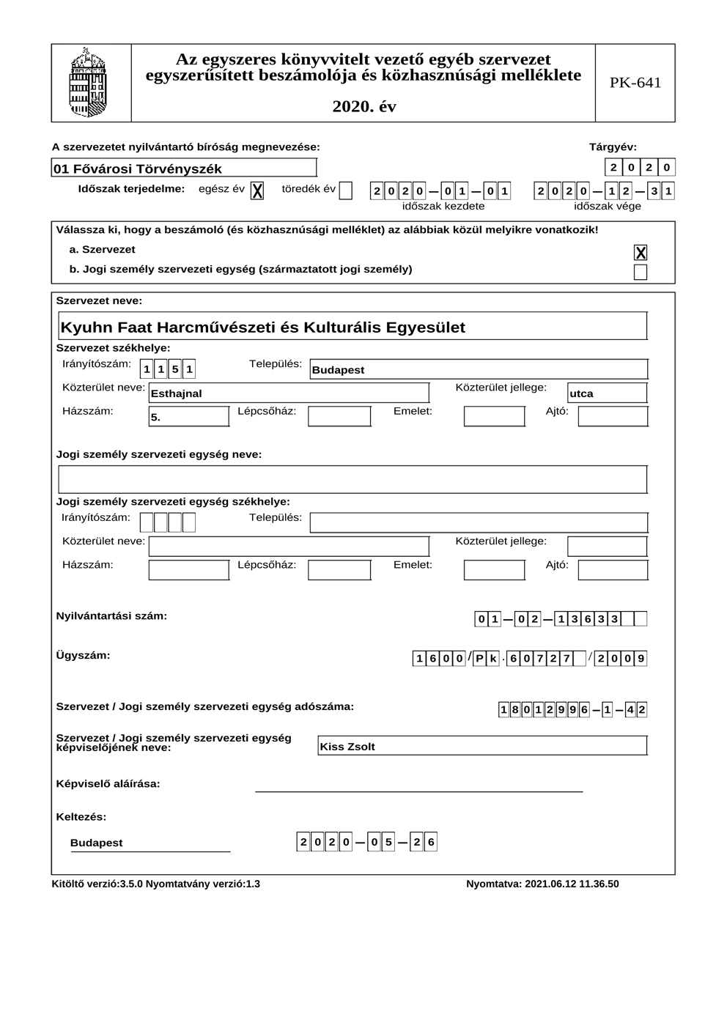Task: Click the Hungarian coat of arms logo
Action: pyautogui.click(x=88, y=83)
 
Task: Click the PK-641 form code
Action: pyautogui.click(x=635, y=83)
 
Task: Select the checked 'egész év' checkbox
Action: pyautogui.click(x=257, y=191)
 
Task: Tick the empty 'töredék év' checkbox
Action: pyautogui.click(x=346, y=191)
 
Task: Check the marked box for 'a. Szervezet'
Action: pyautogui.click(x=641, y=253)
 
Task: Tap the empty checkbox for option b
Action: pyautogui.click(x=641, y=273)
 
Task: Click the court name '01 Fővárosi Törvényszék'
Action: pyautogui.click(x=137, y=169)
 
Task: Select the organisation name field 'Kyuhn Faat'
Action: pyautogui.click(x=262, y=328)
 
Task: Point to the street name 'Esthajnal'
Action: pyautogui.click(x=177, y=393)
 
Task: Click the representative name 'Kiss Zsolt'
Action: pyautogui.click(x=347, y=747)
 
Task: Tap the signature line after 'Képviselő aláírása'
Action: pyautogui.click(x=418, y=790)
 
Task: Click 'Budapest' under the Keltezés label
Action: pyautogui.click(x=97, y=843)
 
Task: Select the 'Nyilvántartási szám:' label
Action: pyautogui.click(x=111, y=616)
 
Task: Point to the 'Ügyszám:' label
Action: pyautogui.click(x=83, y=655)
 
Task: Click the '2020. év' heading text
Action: pyautogui.click(x=364, y=106)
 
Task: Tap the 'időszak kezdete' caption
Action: pyautogui.click(x=443, y=207)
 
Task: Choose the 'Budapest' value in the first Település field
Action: pyautogui.click(x=338, y=370)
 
